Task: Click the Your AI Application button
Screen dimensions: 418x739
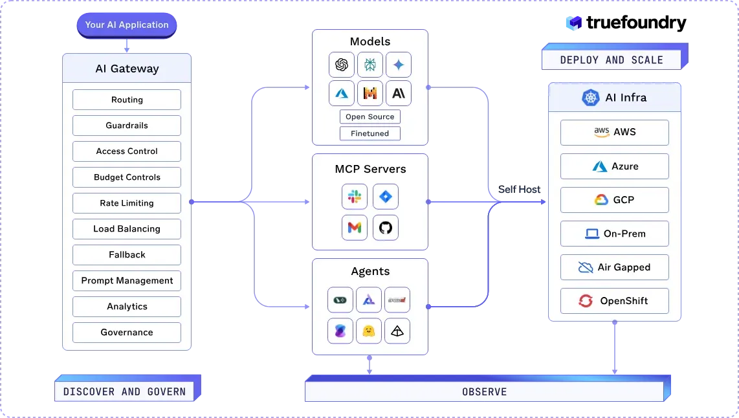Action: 127,25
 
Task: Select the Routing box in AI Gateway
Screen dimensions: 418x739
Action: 127,100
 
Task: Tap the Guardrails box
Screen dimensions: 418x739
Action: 127,126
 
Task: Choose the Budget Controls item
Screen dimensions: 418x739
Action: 127,177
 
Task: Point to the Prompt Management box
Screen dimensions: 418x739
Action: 127,281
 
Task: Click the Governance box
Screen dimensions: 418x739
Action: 127,333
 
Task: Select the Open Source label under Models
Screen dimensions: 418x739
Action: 370,117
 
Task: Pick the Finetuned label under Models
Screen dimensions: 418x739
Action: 370,134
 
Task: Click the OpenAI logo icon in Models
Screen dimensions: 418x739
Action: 342,65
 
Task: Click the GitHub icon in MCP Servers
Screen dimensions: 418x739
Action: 386,228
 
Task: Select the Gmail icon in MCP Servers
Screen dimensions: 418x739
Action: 355,228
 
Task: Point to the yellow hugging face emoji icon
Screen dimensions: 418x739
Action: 369,331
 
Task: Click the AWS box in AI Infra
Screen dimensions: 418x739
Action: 615,132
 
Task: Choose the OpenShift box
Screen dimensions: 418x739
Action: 615,301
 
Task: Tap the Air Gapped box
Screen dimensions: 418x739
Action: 615,267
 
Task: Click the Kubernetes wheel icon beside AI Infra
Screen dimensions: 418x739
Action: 590,98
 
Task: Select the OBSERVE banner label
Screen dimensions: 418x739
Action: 484,392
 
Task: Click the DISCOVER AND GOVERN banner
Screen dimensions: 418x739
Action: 124,392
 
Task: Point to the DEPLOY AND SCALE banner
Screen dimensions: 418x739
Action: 612,60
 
